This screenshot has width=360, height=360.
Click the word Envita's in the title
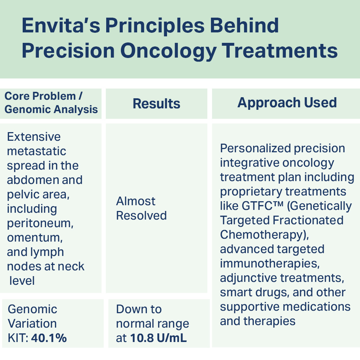(x=61, y=25)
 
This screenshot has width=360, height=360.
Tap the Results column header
(x=156, y=104)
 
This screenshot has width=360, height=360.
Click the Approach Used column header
(x=287, y=103)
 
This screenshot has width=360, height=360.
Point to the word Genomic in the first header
(x=24, y=109)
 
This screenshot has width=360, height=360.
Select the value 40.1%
(x=49, y=338)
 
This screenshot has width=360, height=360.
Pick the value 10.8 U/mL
(x=158, y=338)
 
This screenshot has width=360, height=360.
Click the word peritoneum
(x=40, y=223)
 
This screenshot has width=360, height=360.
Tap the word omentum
(x=35, y=237)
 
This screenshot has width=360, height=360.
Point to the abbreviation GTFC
(x=257, y=206)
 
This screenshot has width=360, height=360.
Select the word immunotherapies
(x=270, y=264)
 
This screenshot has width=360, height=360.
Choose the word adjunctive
(x=249, y=278)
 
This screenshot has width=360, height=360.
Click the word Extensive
(x=34, y=137)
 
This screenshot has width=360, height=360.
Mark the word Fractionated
(x=308, y=220)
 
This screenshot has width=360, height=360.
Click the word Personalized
(x=256, y=148)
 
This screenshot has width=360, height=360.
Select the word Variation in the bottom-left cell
(x=32, y=324)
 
